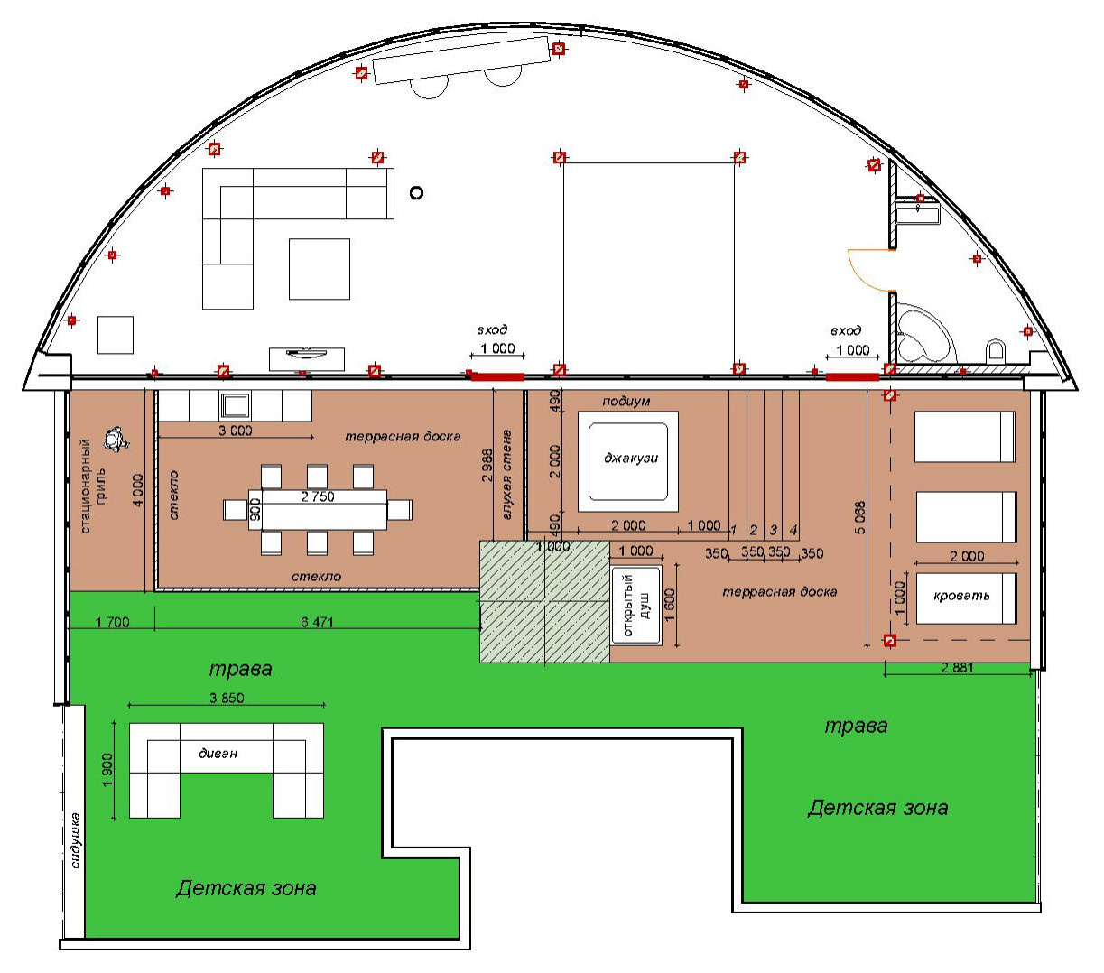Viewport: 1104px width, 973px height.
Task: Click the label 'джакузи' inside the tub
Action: [630, 459]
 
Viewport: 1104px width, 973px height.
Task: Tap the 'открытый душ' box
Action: [635, 606]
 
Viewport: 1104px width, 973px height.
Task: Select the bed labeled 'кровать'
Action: [966, 598]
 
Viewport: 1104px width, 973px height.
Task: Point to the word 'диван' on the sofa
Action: [218, 754]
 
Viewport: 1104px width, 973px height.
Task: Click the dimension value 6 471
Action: [317, 622]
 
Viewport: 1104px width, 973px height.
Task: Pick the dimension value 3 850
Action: [227, 698]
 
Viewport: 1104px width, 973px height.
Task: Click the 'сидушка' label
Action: [76, 840]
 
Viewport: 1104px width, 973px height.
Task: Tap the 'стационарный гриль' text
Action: [93, 486]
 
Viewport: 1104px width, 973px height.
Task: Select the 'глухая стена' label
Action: [506, 475]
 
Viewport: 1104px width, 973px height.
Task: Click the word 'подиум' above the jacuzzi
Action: [626, 402]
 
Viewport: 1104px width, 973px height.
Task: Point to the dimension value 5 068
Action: [860, 517]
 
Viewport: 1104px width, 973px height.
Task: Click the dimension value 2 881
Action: [957, 667]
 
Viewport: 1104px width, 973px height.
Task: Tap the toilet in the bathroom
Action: [996, 350]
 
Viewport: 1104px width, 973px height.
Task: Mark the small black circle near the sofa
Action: [416, 193]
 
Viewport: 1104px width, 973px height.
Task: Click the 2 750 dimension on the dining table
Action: [317, 496]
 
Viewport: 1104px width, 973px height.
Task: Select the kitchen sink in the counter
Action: [236, 405]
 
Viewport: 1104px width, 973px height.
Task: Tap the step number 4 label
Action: [793, 530]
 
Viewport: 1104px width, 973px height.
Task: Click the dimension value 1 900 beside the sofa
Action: [107, 769]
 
